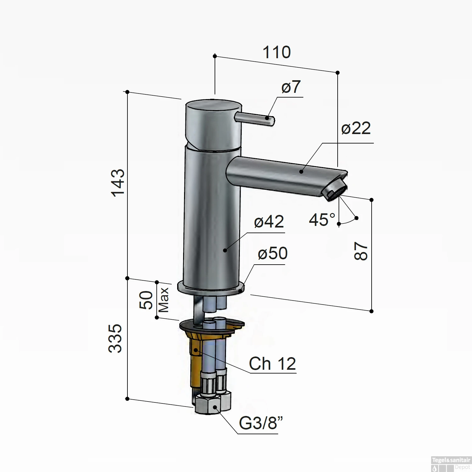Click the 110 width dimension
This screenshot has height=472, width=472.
(276, 52)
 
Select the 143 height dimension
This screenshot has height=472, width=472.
(119, 183)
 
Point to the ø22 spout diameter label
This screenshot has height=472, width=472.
(356, 128)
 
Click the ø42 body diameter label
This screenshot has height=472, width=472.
(269, 222)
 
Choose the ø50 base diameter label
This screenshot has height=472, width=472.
(273, 253)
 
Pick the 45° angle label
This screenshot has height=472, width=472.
(322, 220)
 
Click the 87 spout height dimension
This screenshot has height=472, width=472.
(361, 251)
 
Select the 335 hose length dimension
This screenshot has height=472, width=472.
(115, 338)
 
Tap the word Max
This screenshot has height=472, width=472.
(164, 300)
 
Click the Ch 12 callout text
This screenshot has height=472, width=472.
(272, 364)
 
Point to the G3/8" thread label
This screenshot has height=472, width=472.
(261, 423)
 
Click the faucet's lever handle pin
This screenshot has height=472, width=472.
(255, 119)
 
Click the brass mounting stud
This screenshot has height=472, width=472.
(196, 362)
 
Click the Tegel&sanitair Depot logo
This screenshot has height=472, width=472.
(451, 464)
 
